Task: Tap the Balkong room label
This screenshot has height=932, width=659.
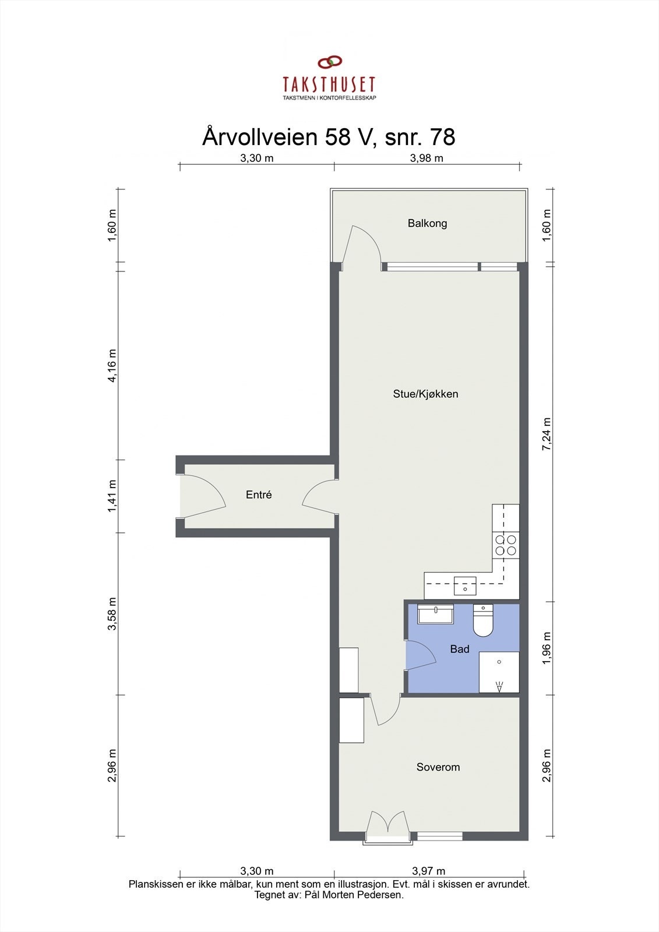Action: point(427,223)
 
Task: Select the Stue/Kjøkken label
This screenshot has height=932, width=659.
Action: point(425,394)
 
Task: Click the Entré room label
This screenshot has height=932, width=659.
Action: point(259,495)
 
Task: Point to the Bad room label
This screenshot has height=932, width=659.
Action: point(459,649)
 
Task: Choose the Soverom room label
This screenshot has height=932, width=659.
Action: point(438,767)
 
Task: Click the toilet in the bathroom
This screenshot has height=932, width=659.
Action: point(482,622)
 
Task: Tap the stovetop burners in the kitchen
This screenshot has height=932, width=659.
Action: point(505,545)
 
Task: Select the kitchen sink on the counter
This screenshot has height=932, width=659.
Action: point(465,585)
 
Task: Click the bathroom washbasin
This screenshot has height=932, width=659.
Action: point(435,614)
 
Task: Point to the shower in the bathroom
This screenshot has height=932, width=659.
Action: point(499,672)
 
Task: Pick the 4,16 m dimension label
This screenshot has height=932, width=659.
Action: point(112,365)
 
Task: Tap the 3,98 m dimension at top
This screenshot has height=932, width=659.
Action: point(427,158)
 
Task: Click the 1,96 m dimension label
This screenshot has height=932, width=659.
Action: point(547,649)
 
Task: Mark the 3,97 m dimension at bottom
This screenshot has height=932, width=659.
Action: point(428,871)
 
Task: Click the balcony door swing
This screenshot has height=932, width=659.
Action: point(362,248)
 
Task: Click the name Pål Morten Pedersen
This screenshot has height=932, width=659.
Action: point(353,895)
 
